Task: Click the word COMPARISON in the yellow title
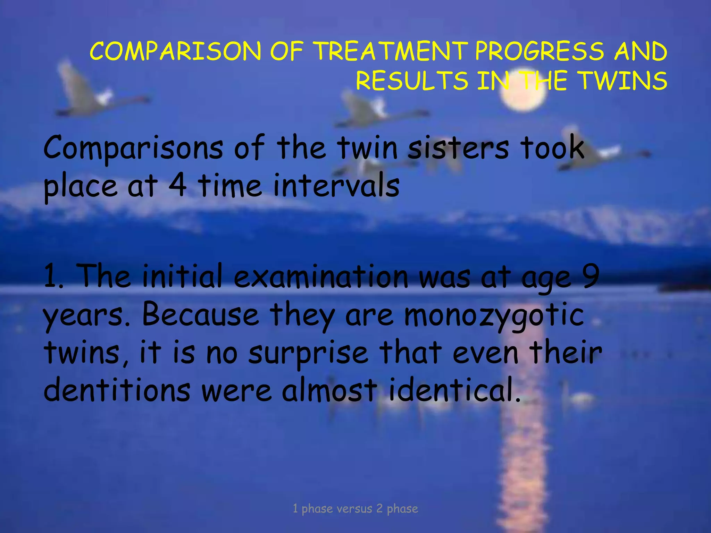(175, 51)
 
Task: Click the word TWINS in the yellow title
(624, 81)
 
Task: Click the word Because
(200, 314)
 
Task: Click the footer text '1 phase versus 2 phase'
(355, 509)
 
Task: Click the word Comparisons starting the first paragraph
(133, 149)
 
